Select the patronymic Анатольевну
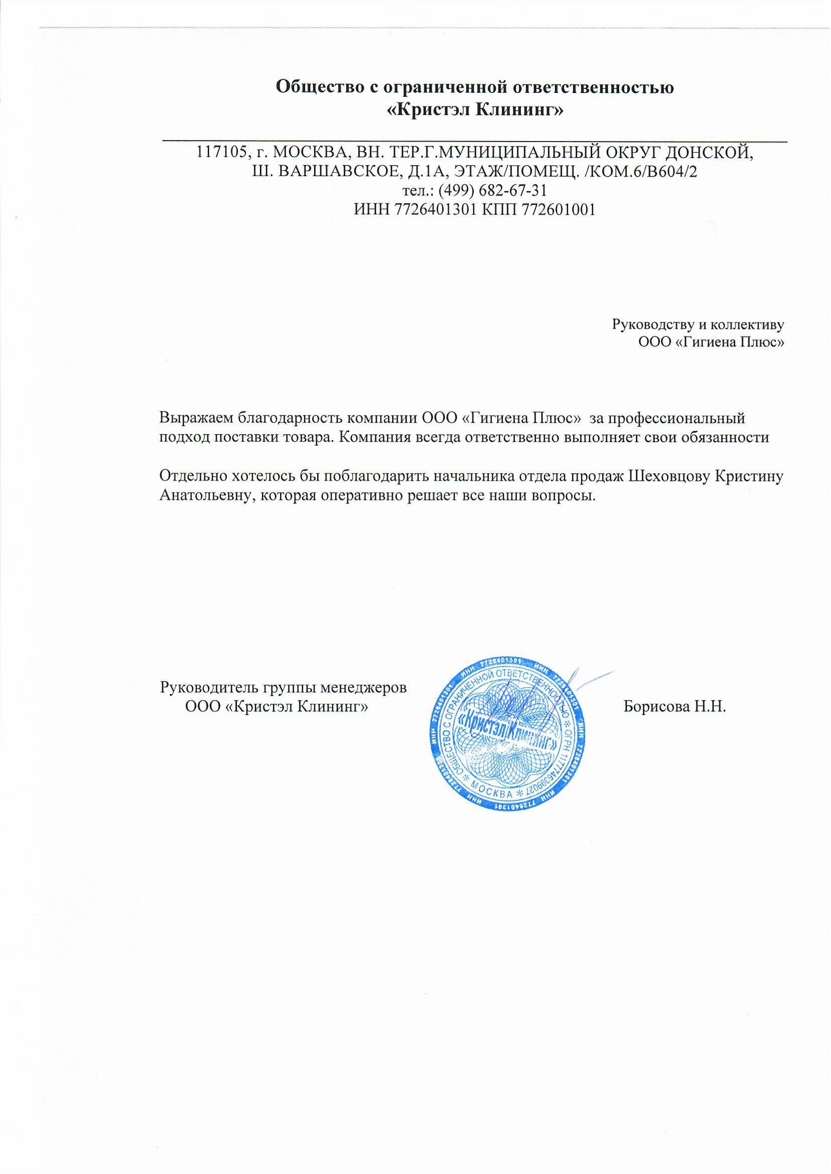[205, 495]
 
